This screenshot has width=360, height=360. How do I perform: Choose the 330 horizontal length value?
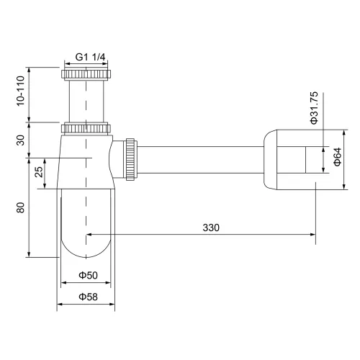[211, 227]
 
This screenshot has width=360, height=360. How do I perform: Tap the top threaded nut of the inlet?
[86, 74]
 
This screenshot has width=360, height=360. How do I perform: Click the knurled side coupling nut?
[130, 159]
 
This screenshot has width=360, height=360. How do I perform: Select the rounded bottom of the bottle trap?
[86, 248]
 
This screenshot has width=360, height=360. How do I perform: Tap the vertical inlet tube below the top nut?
[86, 101]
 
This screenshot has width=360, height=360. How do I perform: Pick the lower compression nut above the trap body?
[86, 130]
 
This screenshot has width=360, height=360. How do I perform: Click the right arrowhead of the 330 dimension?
[311, 234]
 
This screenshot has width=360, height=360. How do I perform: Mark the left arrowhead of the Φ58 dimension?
[60, 305]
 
